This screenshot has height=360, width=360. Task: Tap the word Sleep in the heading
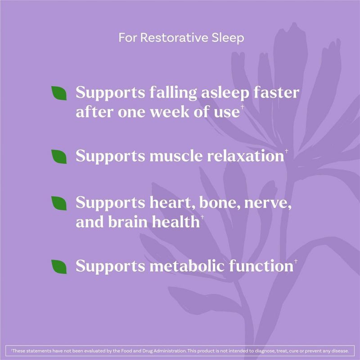(x=227, y=37)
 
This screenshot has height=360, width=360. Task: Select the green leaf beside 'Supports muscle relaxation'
(x=59, y=156)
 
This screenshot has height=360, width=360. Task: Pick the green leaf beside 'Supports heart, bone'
(x=59, y=202)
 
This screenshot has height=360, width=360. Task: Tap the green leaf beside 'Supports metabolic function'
(x=59, y=266)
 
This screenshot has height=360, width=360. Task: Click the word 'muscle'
(x=171, y=156)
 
